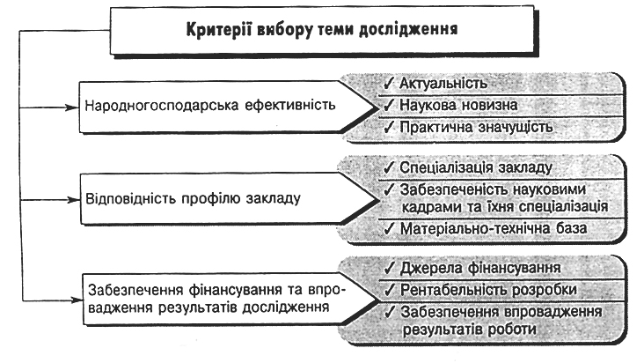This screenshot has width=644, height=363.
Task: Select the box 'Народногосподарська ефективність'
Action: [211, 107]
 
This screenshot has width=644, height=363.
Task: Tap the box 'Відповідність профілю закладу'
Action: [211, 198]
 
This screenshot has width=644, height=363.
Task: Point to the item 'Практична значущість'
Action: [475, 127]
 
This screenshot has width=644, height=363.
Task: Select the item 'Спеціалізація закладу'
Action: [475, 167]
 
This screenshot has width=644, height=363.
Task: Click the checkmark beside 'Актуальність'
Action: [388, 82]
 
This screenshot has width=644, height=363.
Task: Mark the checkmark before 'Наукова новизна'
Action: [388, 104]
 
